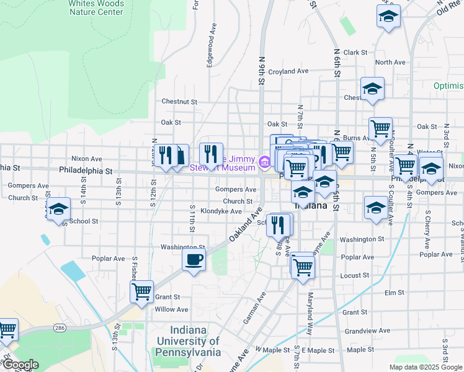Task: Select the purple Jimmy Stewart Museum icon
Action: pyautogui.click(x=264, y=163)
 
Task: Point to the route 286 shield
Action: pyautogui.click(x=60, y=327)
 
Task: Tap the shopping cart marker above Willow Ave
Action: pyautogui.click(x=142, y=291)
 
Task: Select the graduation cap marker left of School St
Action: pyautogui.click(x=58, y=210)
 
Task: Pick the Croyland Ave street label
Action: pyautogui.click(x=288, y=71)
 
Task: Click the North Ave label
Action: pyautogui.click(x=390, y=63)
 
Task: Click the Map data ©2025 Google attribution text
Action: pyautogui.click(x=424, y=367)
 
